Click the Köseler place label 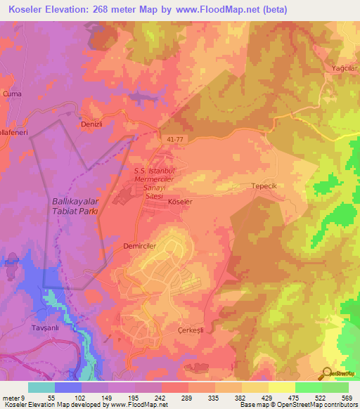(181, 201)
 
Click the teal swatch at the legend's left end (41, 387)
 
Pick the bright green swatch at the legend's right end (335, 387)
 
